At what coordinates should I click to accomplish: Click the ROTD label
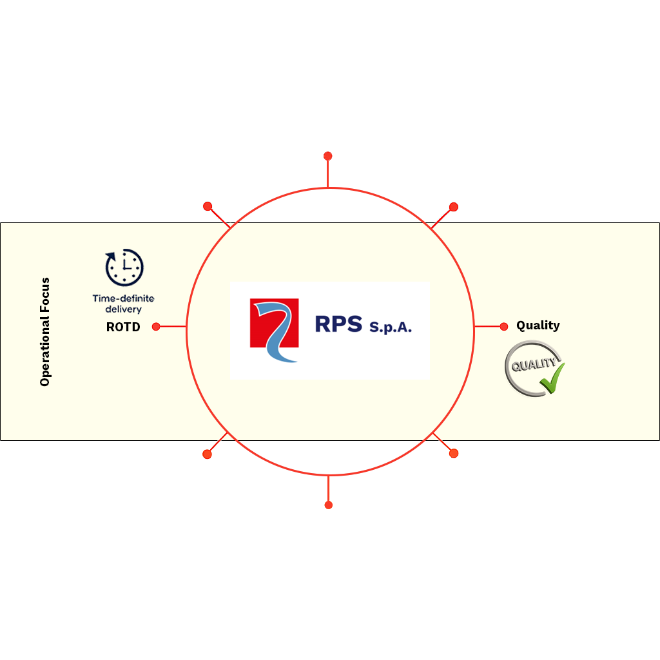pos(123,327)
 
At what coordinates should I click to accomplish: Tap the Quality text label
pos(538,325)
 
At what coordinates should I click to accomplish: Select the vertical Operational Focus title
pos(44,332)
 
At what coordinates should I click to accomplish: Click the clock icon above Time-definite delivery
pos(124,267)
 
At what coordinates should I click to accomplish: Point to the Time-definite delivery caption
pos(123,304)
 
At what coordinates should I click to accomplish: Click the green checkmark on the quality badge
pos(552,378)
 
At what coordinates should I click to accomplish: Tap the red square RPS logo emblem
pos(274,324)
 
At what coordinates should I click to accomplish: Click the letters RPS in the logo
pos(338,324)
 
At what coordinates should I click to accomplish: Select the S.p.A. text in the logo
pos(390,327)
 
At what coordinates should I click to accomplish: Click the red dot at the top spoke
pos(328,156)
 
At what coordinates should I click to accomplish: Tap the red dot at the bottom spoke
pos(329,505)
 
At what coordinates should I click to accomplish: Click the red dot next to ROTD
pos(156,327)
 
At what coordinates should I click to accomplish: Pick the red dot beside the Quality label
pos(504,327)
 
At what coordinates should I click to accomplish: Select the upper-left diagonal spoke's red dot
pos(208,206)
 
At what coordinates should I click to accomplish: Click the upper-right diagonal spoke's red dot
pos(454,207)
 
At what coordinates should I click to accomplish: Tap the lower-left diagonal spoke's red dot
pos(207,454)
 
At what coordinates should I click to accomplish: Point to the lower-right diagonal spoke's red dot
pos(454,453)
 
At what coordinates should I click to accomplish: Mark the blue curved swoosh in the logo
pos(275,333)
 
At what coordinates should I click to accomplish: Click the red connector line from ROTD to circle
pos(173,326)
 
